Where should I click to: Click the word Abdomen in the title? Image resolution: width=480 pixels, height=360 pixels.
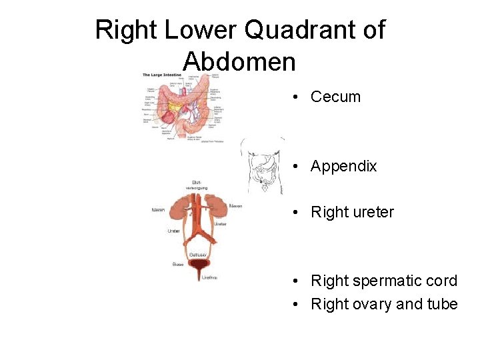239,61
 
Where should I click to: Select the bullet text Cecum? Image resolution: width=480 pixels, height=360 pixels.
335,97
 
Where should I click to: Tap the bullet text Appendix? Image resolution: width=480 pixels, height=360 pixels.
343,166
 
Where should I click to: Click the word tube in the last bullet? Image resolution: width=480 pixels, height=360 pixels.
443,304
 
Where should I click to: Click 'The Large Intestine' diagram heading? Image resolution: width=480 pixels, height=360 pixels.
157,75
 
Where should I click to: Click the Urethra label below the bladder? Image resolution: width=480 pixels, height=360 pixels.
209,277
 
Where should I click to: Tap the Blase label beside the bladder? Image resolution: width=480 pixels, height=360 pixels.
178,265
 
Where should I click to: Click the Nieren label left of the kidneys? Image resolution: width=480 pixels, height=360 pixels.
159,210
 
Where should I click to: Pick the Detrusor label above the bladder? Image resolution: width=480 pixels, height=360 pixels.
199,255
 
